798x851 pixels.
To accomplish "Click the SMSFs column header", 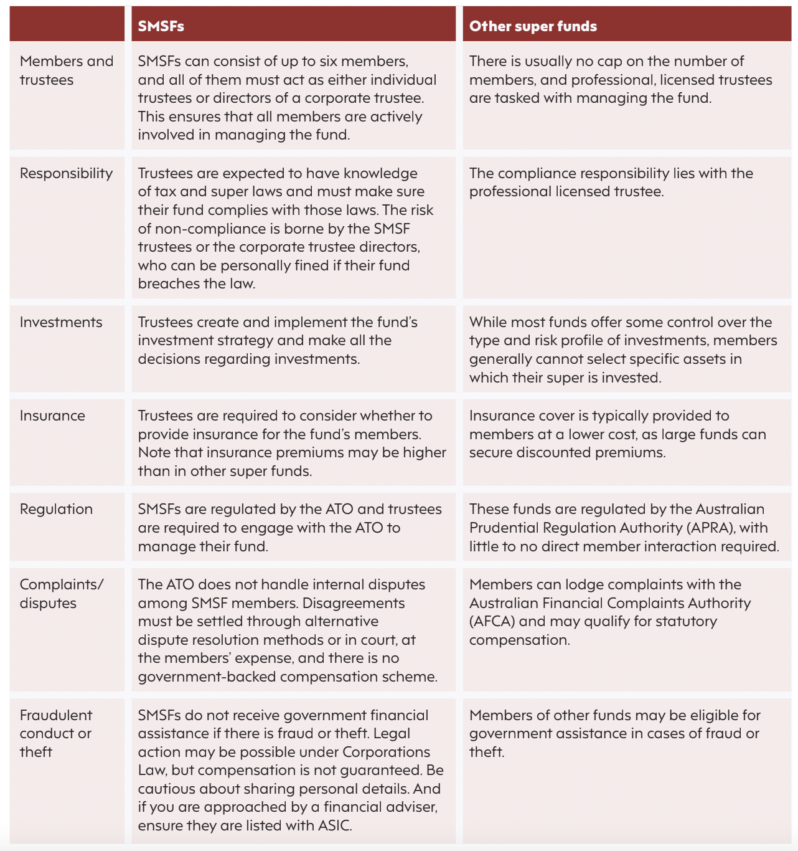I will tap(161, 26).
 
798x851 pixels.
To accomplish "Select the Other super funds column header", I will tap(533, 26).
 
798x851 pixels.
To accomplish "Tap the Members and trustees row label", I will tap(66, 70).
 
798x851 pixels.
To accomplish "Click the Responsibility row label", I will tap(66, 173).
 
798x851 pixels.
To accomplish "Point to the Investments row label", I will tap(61, 322).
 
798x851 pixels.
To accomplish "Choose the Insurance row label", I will tap(52, 416).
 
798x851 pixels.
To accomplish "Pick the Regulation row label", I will tap(56, 509).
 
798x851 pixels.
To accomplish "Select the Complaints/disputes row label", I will tap(61, 594).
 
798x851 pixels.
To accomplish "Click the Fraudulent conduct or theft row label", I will tap(55, 733).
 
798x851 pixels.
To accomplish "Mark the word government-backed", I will tap(199, 677).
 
